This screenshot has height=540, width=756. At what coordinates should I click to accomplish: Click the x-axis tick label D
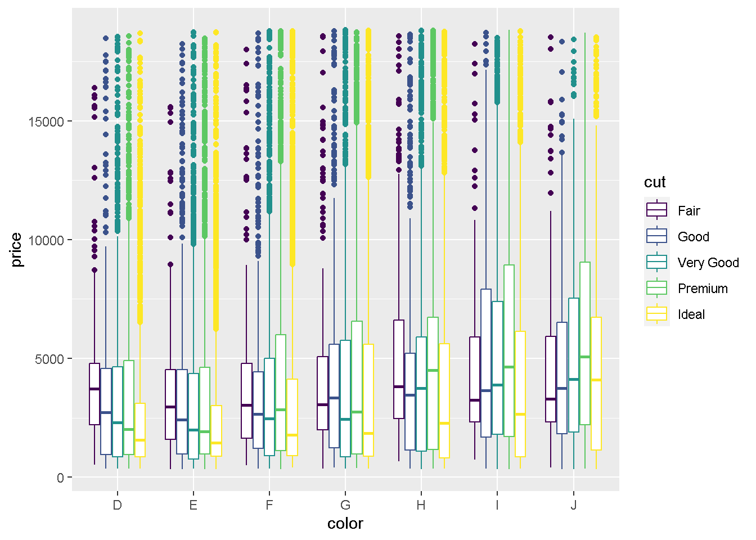(x=117, y=505)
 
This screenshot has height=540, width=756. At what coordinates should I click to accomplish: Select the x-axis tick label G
(x=345, y=505)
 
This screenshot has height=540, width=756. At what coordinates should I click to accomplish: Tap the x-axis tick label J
(x=573, y=505)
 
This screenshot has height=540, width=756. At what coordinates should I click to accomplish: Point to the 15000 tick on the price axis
(x=46, y=121)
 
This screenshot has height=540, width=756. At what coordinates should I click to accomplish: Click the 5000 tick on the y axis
(x=49, y=359)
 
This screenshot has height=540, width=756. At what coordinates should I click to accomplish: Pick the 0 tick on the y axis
(x=60, y=478)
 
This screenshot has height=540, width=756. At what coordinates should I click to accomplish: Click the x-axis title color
(x=345, y=524)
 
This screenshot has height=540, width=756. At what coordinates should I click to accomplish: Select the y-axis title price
(x=16, y=250)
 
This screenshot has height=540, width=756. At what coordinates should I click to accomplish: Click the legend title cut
(x=655, y=182)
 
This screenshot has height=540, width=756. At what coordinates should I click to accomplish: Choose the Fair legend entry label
(x=688, y=211)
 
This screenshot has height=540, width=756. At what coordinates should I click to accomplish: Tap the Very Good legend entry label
(x=708, y=263)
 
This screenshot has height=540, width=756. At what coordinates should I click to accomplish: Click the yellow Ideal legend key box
(x=656, y=314)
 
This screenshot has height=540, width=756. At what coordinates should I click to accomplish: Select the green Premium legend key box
(x=656, y=288)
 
